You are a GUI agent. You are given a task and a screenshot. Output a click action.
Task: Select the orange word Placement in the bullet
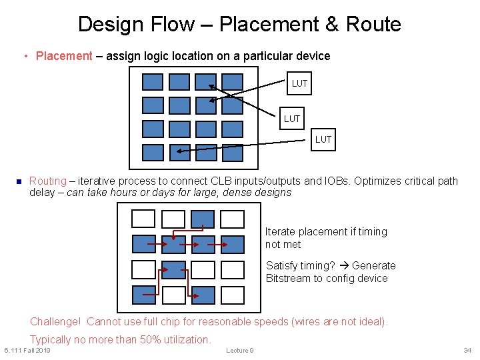click(x=64, y=56)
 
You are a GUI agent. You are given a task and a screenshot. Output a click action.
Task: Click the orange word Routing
click(x=48, y=181)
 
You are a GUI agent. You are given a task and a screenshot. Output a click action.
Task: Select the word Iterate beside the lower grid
click(x=280, y=232)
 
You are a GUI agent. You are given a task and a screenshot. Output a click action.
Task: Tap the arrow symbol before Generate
click(x=343, y=265)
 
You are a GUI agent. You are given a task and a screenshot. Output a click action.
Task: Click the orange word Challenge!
click(x=55, y=321)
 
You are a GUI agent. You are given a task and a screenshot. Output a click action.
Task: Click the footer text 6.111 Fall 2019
click(x=27, y=351)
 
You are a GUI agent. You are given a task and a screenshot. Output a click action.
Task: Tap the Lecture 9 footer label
click(x=239, y=351)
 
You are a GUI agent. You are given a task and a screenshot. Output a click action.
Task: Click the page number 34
click(x=467, y=351)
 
